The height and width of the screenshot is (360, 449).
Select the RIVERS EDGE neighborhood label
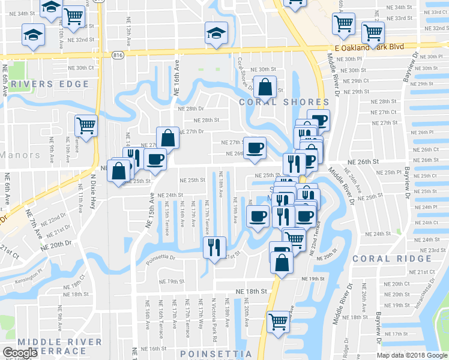46,85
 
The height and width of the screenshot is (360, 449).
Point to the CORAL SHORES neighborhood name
284,103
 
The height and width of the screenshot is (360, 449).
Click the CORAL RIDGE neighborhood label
392,259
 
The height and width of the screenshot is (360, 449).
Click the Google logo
20,353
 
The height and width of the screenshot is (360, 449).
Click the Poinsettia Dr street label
160,259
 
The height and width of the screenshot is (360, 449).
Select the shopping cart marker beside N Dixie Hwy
86,126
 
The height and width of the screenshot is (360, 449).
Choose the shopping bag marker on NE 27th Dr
168,137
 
